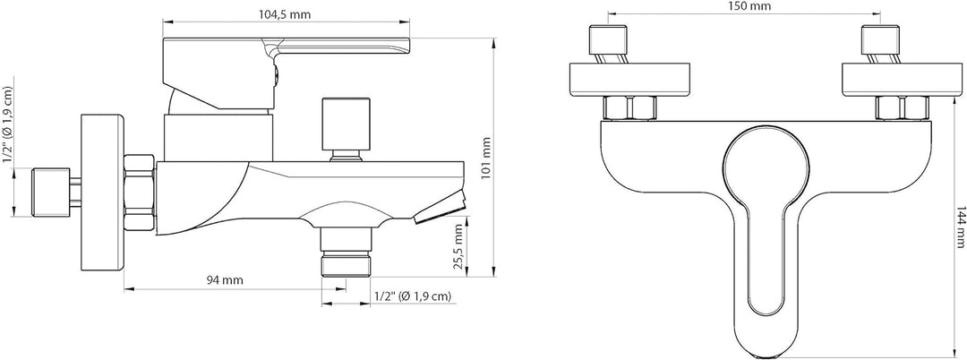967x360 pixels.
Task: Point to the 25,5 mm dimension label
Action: coord(457,248)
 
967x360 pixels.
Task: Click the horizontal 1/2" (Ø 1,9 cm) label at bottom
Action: coord(413,296)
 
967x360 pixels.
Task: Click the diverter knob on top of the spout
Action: coord(347,128)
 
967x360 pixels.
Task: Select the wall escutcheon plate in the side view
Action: coord(102,193)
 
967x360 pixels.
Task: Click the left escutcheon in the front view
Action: coord(630,79)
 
